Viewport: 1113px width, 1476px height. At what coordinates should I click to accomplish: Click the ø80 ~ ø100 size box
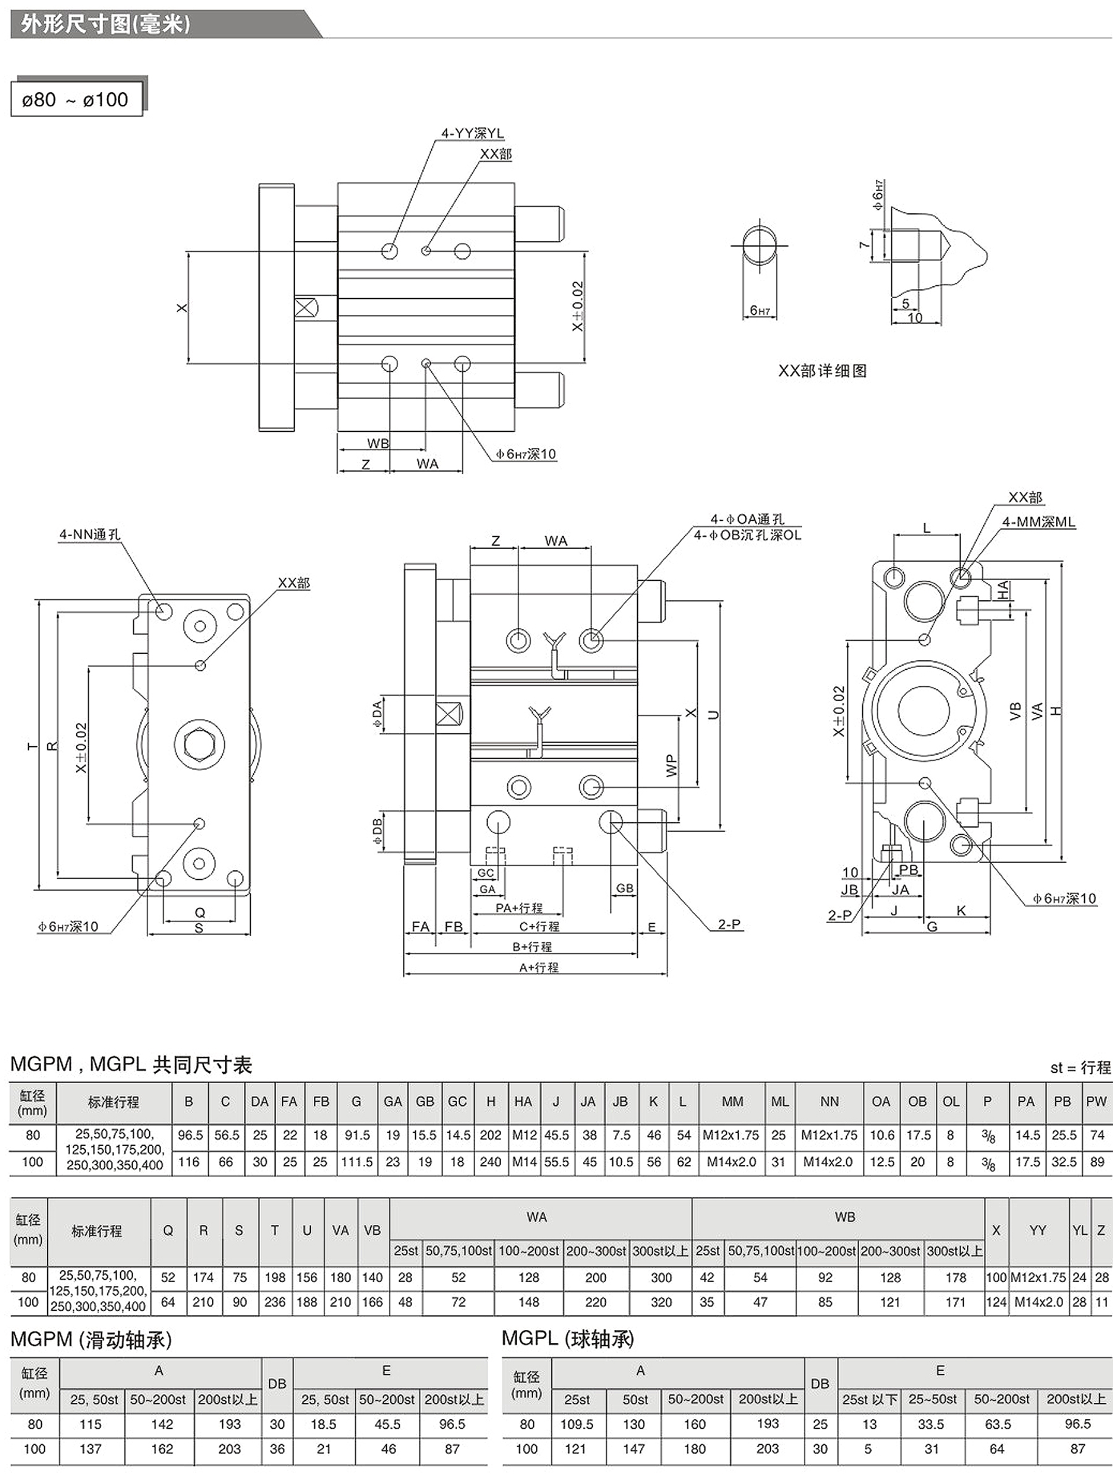pos(76,100)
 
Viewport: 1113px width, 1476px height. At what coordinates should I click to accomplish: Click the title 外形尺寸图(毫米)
pos(106,24)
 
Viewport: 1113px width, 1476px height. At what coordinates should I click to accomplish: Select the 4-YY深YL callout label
pos(472,134)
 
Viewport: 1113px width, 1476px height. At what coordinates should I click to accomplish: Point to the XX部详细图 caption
pos(822,371)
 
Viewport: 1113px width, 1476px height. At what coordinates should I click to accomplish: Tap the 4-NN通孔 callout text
pos(90,535)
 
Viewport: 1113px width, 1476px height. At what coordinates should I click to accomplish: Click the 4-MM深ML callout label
pos(1038,522)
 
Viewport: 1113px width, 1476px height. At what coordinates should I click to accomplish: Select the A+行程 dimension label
pos(538,967)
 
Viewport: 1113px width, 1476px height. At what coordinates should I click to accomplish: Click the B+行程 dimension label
pos(532,947)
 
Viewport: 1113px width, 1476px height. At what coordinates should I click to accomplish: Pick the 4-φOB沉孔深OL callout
pos(747,535)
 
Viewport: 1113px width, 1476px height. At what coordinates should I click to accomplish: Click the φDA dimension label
pos(378,713)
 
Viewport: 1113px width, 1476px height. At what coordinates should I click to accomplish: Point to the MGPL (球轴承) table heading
pos(568,1339)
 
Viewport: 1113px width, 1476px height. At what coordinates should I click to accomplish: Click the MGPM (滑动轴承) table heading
pos(92,1339)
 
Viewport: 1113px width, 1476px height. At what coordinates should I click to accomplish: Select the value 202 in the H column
pos(491,1135)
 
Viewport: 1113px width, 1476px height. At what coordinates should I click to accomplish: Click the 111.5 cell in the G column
pos(357,1162)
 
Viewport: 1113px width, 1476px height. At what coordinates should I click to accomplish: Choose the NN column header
pos(829,1101)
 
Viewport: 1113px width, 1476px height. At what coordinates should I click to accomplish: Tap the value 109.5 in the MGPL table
pos(577,1425)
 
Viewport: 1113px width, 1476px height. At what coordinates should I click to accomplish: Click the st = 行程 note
pos(1080,1067)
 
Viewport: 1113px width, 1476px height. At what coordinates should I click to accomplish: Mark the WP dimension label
pos(672,765)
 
